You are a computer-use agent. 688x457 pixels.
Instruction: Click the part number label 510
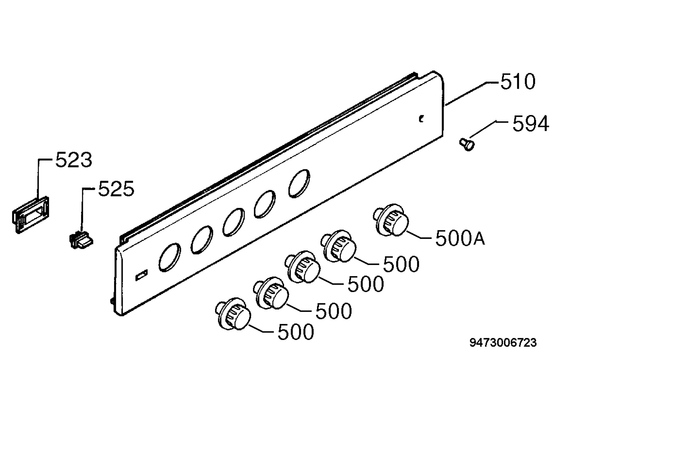click(518, 82)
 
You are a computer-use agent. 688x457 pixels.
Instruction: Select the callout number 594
click(531, 124)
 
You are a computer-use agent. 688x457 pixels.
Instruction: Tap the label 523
click(74, 160)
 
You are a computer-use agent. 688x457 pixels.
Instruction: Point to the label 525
click(116, 189)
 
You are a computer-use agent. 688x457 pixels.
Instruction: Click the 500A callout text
click(460, 238)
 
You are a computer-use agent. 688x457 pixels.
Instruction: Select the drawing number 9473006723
click(503, 343)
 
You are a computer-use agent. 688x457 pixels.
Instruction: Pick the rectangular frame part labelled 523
click(30, 215)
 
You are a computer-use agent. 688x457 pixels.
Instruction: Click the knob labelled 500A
click(391, 220)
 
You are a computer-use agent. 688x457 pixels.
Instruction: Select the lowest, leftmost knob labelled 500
click(233, 314)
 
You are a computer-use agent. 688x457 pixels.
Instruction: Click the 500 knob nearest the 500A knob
click(339, 246)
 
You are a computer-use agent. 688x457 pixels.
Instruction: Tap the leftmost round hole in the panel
click(170, 257)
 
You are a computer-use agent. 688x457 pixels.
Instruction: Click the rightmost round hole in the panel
click(299, 184)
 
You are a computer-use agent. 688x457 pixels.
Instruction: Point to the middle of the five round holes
click(234, 222)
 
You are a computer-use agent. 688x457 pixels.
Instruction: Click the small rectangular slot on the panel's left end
click(141, 275)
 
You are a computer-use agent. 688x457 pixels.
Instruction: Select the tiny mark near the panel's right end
click(421, 119)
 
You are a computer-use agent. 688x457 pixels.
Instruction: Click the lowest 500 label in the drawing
click(296, 332)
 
